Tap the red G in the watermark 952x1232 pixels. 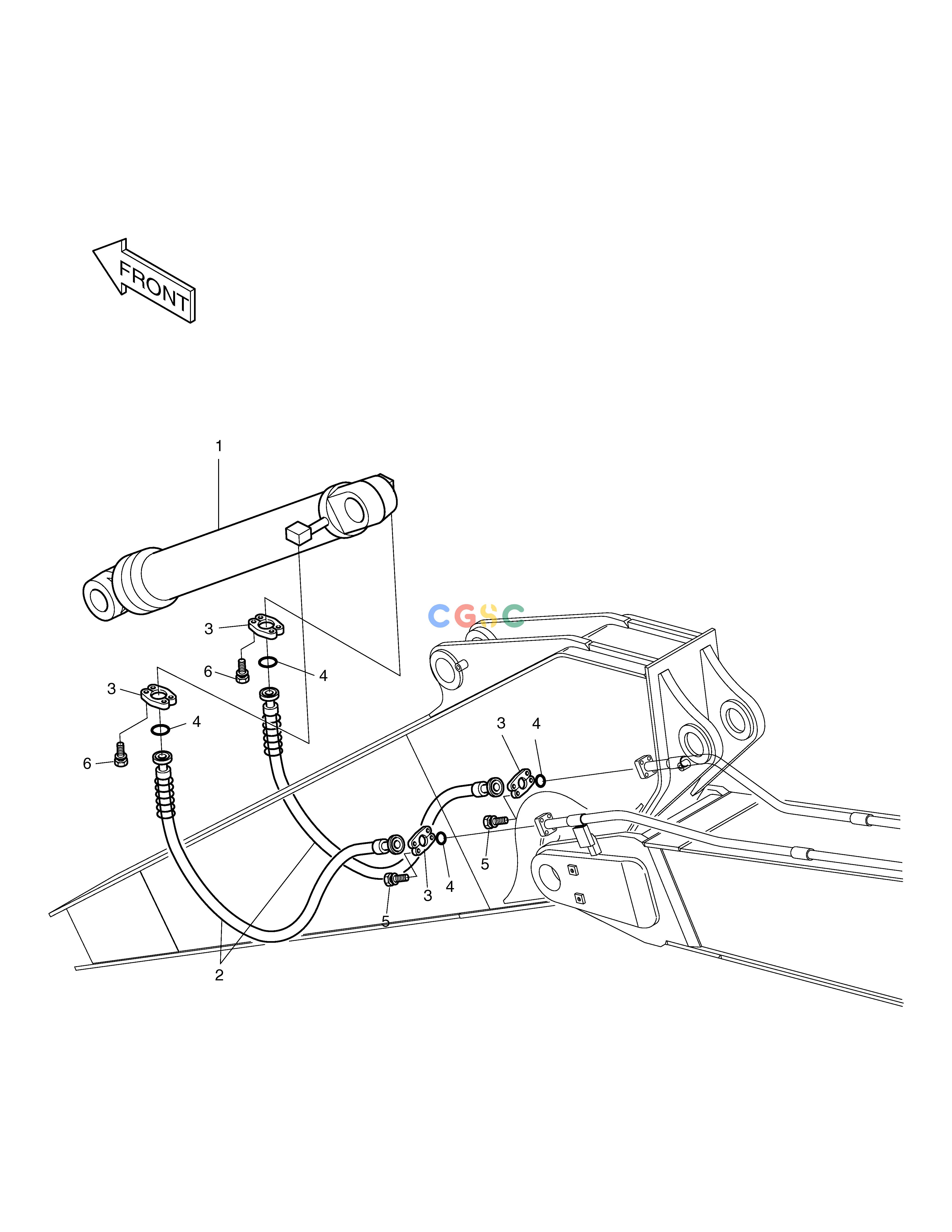(465, 616)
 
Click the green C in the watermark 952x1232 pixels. (513, 616)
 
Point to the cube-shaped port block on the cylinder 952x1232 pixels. (299, 533)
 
